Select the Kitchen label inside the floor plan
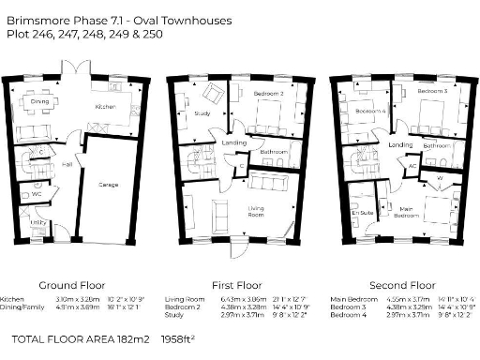tap(104, 108)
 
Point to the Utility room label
tap(38, 222)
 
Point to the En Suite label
tap(355, 214)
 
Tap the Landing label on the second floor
tap(401, 145)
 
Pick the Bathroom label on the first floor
tap(274, 151)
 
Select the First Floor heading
tap(233, 284)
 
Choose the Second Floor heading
tap(402, 284)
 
